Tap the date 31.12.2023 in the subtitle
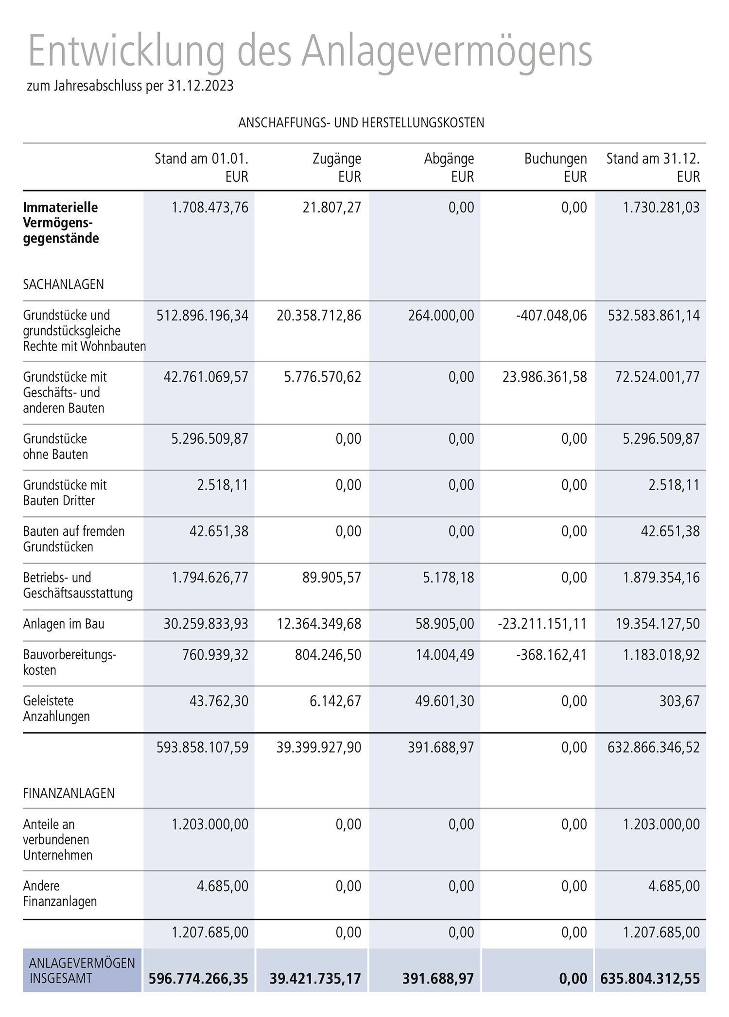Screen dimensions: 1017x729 pyautogui.click(x=200, y=86)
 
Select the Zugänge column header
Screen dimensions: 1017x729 pyautogui.click(x=336, y=159)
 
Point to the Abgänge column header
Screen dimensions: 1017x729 pyautogui.click(x=449, y=159)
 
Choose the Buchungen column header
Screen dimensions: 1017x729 pyautogui.click(x=555, y=159)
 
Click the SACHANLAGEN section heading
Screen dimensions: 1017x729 pyautogui.click(x=63, y=284)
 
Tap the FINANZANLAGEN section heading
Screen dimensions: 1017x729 pyautogui.click(x=69, y=793)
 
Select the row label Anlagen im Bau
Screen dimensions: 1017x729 pyautogui.click(x=64, y=624)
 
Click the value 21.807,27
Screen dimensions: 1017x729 pyautogui.click(x=331, y=208)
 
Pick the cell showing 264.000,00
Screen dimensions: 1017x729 pyautogui.click(x=441, y=316)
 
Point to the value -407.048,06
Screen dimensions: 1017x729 pyautogui.click(x=551, y=316)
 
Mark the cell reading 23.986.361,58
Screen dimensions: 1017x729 pyautogui.click(x=544, y=377)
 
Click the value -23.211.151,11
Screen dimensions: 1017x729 pyautogui.click(x=542, y=624)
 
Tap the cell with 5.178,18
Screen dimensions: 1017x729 pyautogui.click(x=448, y=578)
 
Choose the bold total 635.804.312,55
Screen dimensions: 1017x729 pyautogui.click(x=650, y=979)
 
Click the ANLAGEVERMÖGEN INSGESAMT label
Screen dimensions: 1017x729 pyautogui.click(x=82, y=970)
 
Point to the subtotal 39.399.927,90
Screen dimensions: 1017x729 pyautogui.click(x=319, y=747)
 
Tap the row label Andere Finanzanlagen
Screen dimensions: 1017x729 pyautogui.click(x=60, y=894)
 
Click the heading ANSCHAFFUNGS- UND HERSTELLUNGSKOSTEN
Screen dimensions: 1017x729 pyautogui.click(x=361, y=123)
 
